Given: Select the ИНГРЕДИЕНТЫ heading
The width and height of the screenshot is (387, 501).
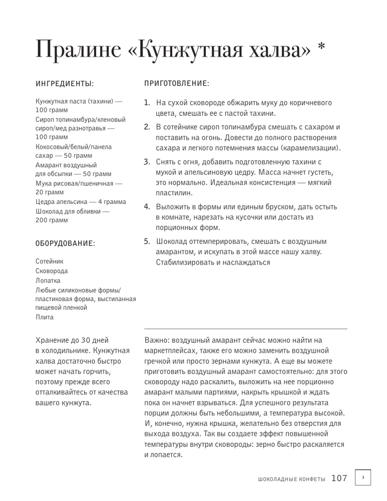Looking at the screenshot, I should point(65,83).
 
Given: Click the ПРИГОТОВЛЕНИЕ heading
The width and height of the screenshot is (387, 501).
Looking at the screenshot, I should point(176,83).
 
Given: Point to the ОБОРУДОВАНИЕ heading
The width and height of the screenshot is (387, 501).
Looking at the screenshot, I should point(65,243).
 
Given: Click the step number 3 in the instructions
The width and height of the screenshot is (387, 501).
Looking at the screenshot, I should point(147,162).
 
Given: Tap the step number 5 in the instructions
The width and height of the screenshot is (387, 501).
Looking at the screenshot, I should point(147,241).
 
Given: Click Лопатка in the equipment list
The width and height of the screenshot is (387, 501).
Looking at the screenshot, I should point(48,281).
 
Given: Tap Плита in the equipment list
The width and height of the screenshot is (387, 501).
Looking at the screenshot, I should point(45,317).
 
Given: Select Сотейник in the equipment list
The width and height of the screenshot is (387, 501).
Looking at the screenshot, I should point(50,262).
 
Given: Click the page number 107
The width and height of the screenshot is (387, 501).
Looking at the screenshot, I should point(339,478).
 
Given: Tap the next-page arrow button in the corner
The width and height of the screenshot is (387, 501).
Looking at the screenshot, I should point(363,478).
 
